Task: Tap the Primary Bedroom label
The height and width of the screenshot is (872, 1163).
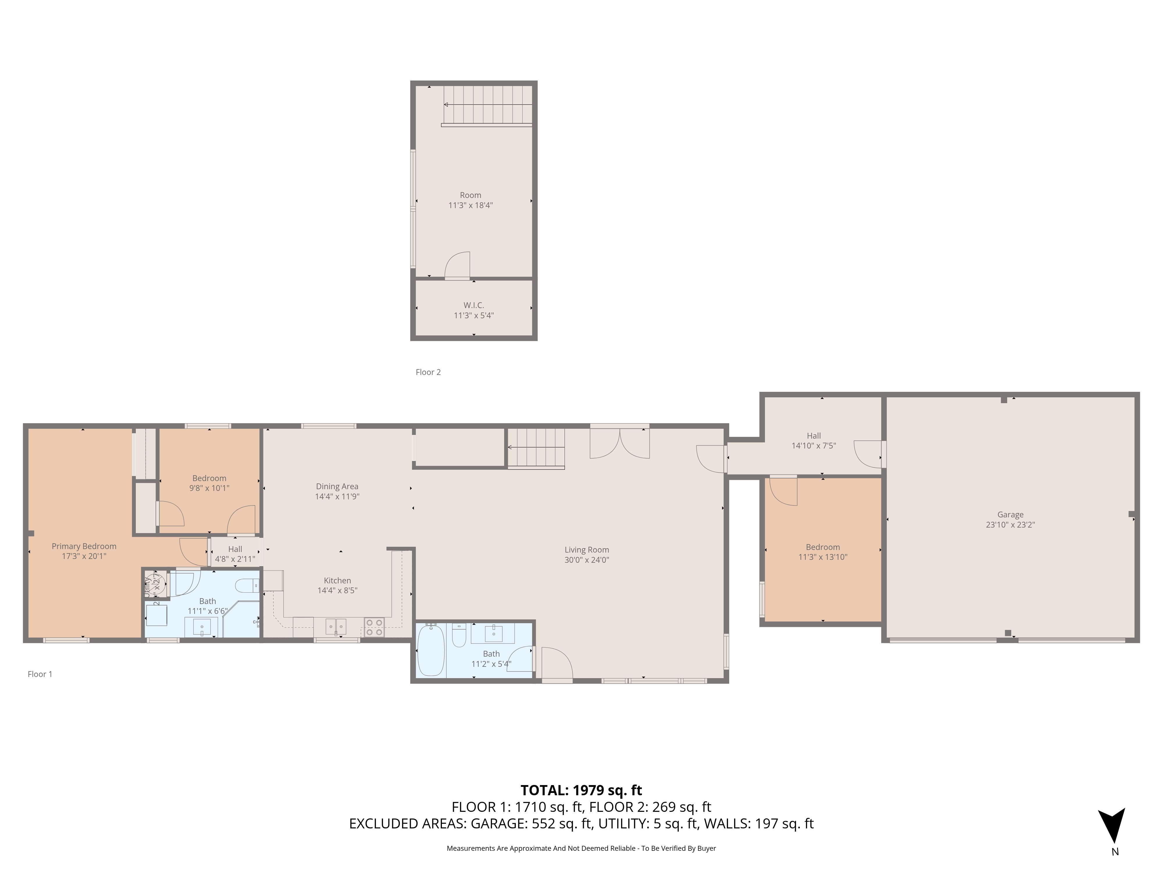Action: pos(84,546)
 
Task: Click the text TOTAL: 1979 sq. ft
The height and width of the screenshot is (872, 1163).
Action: pos(581,790)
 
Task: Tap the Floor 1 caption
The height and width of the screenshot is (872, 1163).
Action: pos(40,674)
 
